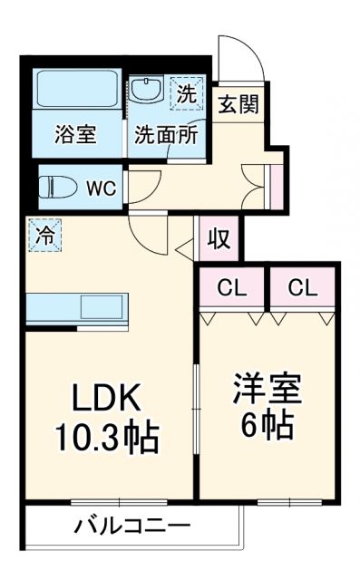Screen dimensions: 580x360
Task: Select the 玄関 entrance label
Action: click(238, 103)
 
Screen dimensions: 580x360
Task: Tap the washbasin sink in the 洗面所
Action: click(145, 91)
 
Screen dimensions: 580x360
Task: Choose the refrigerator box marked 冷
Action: click(44, 235)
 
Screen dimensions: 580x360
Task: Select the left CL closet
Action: click(233, 289)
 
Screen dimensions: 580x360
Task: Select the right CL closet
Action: click(302, 289)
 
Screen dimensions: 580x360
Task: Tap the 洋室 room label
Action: click(268, 390)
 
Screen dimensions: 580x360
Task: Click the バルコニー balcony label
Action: click(131, 526)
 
